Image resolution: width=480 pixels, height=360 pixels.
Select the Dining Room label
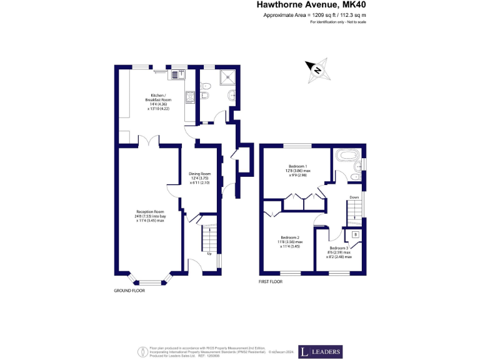click(x=200, y=178)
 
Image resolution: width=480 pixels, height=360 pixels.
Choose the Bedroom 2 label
click(x=290, y=242)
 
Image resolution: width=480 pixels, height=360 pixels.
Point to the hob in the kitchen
click(x=189, y=97)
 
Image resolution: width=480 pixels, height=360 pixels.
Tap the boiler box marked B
click(x=355, y=234)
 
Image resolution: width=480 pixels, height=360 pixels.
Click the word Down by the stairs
click(x=354, y=197)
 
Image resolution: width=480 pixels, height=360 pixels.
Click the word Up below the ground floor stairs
click(x=209, y=254)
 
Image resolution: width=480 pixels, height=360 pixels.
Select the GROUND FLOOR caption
click(x=129, y=291)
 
